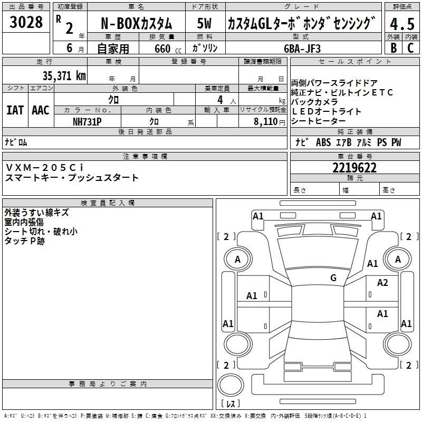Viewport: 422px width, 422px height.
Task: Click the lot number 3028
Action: click(26, 22)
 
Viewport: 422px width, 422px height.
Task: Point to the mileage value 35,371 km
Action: click(64, 76)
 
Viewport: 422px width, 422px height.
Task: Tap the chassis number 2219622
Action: click(354, 168)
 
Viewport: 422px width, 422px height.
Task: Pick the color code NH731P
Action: click(87, 121)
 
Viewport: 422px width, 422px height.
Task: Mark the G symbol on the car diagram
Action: click(333, 278)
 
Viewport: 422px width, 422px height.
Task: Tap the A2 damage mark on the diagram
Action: click(382, 283)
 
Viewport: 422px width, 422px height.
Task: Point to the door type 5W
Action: click(205, 24)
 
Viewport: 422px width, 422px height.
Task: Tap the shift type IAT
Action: click(15, 110)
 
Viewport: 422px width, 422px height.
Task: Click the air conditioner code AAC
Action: click(40, 110)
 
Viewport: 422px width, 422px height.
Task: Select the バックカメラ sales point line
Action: click(315, 102)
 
